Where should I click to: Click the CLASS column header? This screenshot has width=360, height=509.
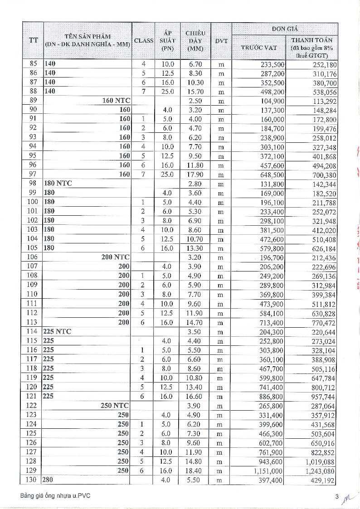tap(144, 40)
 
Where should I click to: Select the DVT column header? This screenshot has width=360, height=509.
tap(221, 40)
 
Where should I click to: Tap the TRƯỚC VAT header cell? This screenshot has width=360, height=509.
tap(259, 47)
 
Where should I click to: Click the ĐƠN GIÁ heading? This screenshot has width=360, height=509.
tap(285, 29)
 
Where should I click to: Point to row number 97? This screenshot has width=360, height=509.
tap(33, 175)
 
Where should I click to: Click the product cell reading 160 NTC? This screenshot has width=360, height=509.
tap(116, 101)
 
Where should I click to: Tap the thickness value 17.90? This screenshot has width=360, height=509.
tap(195, 175)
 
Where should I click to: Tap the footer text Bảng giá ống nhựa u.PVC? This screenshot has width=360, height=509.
tap(55, 496)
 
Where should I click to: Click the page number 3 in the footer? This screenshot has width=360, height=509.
tap(337, 497)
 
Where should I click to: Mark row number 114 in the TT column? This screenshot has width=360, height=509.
tap(33, 331)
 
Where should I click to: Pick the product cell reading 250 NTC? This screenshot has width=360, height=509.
tap(115, 406)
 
